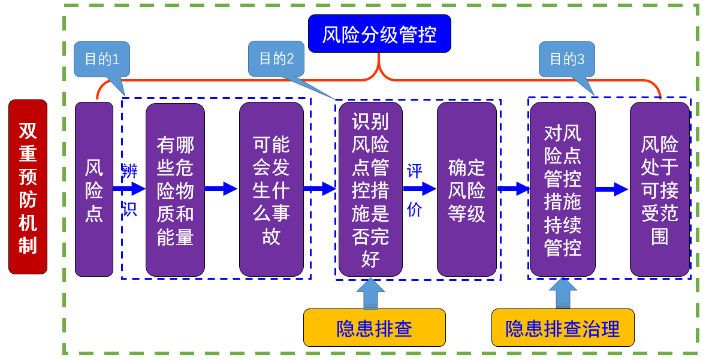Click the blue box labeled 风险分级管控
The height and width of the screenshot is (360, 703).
tap(379, 34)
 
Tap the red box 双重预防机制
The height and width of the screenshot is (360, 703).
tap(28, 187)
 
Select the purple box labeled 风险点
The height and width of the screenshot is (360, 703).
tap(93, 189)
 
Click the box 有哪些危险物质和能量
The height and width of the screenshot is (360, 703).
tap(175, 189)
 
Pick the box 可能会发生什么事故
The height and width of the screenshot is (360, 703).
tap(271, 189)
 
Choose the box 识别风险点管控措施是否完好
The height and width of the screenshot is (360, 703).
tap(370, 189)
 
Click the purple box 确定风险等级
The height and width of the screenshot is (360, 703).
tap(466, 189)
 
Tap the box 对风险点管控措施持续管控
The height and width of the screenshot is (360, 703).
tap(562, 189)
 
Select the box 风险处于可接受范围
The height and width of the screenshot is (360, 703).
tap(659, 189)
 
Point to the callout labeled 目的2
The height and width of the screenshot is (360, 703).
tap(276, 59)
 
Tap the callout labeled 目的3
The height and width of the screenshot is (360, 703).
tap(566, 59)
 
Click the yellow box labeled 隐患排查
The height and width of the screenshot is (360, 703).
tap(374, 328)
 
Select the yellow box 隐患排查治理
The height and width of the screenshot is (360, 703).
tap(562, 328)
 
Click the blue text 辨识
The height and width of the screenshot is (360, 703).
tap(130, 189)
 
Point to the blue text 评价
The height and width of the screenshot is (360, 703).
tap(415, 189)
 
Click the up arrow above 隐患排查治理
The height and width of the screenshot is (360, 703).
tap(562, 294)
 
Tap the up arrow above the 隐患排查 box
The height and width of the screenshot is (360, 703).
tap(370, 294)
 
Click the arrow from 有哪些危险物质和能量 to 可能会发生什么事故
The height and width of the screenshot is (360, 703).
tap(222, 189)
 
